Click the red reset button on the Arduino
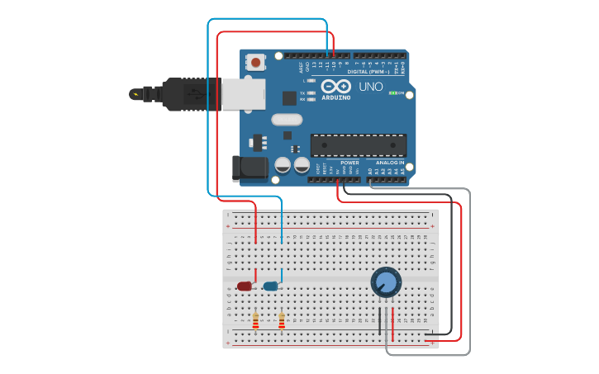tap(256, 62)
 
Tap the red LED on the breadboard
tap(245, 286)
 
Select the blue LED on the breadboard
tap(270, 286)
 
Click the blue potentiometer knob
tap(386, 282)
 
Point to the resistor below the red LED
tap(255, 320)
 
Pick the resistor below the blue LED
tap(282, 320)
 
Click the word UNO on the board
tap(371, 87)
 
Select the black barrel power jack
tap(249, 168)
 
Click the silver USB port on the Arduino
tap(243, 94)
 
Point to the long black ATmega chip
tap(358, 145)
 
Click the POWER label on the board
tap(349, 163)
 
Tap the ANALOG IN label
tap(390, 163)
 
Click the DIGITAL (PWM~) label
tap(368, 72)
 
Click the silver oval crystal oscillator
tap(287, 119)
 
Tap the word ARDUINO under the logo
tap(335, 97)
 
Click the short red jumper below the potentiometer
tap(392, 323)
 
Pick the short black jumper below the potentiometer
tap(380, 321)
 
